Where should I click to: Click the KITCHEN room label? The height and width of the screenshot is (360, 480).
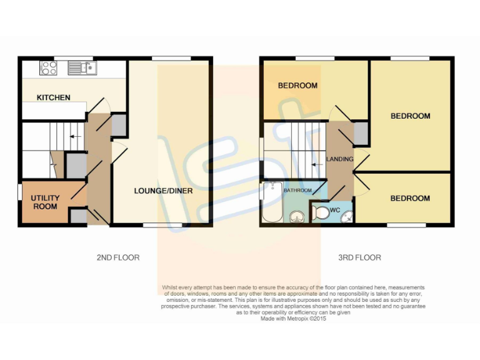tap(53, 97)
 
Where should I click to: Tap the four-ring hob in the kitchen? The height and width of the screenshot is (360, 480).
tap(48, 67)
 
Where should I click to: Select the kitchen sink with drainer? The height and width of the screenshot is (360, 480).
tap(81, 67)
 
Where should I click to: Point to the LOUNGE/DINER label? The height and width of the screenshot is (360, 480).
tap(162, 191)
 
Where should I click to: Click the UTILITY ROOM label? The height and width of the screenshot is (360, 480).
tap(45, 202)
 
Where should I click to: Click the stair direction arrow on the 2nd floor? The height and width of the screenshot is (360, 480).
tap(75, 136)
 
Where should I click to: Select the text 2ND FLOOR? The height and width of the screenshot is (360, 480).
tap(118, 257)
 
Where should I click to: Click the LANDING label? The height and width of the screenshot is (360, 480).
tap(340, 159)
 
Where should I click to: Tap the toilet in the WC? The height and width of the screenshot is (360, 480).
tap(320, 213)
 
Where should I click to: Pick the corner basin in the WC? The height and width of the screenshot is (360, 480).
tap(347, 217)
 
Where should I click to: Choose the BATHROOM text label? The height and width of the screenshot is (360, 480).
tap(297, 189)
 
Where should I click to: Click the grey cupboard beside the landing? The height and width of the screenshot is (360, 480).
tap(361, 133)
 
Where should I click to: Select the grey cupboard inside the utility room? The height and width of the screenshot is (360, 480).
tap(78, 216)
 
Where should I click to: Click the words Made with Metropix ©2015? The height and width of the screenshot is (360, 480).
tap(294, 318)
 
